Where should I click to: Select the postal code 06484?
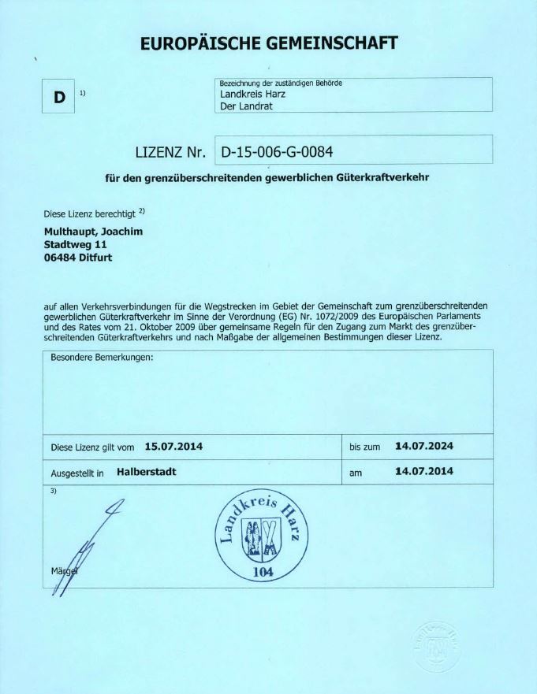(x=58, y=257)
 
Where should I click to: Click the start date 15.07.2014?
(x=173, y=447)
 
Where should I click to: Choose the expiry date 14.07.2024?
(x=424, y=446)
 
